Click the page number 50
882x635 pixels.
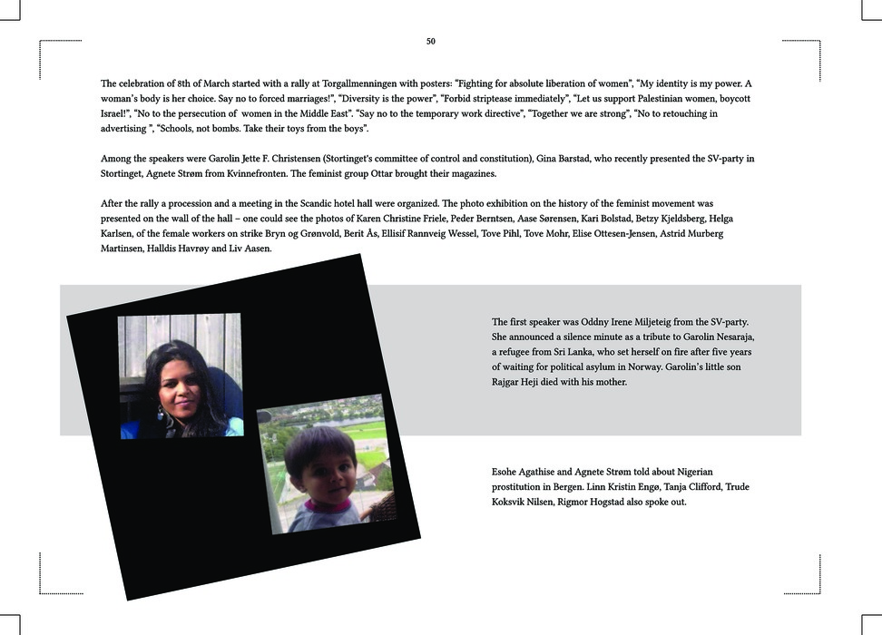pyautogui.click(x=431, y=42)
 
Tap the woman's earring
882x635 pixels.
pyautogui.click(x=161, y=413)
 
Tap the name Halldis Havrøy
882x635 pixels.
pyautogui.click(x=178, y=249)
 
